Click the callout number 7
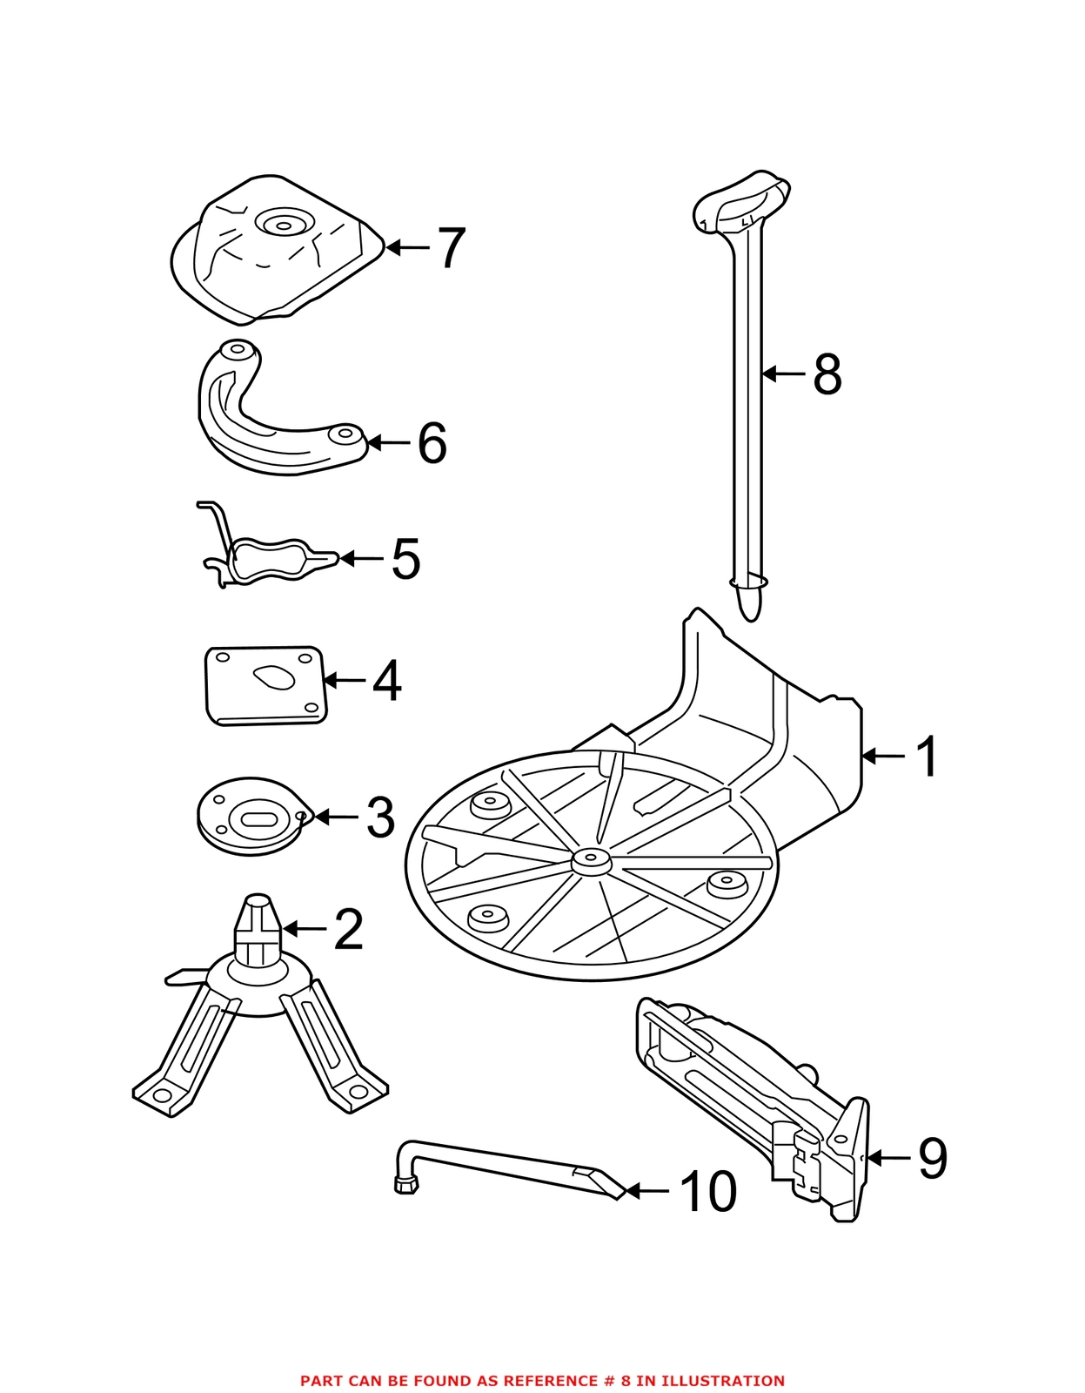(451, 248)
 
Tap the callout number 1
(927, 757)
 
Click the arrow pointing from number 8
(783, 373)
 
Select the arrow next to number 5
(360, 558)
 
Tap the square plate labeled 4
(265, 686)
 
